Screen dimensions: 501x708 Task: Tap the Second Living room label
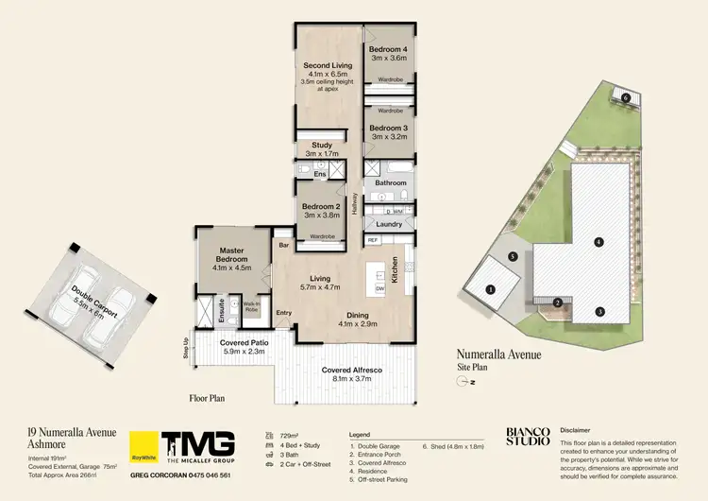[x=328, y=65]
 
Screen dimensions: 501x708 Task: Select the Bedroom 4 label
[x=388, y=48]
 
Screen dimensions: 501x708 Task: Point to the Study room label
[x=321, y=145]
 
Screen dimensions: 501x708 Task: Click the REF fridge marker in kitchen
[x=374, y=240]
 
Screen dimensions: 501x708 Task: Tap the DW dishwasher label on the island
[x=379, y=288]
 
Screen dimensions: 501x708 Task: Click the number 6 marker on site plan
[x=626, y=97]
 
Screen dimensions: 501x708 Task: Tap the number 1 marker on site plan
[x=491, y=289]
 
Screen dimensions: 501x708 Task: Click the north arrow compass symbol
[x=462, y=382]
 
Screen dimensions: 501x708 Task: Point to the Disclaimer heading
[x=577, y=427]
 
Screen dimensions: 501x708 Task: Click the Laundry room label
[x=387, y=225]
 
